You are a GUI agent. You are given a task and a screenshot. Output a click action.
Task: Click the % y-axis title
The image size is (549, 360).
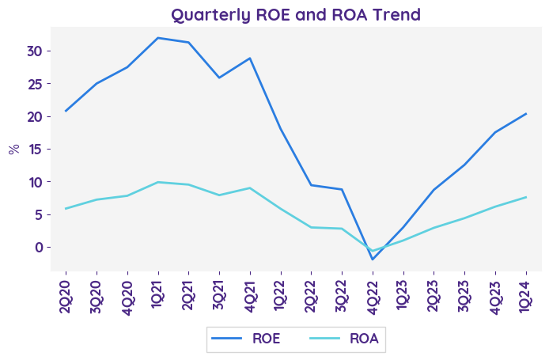point(14,150)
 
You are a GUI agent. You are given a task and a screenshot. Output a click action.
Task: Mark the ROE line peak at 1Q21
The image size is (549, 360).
point(158,38)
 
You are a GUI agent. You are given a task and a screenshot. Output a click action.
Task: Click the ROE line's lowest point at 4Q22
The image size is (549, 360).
point(373,260)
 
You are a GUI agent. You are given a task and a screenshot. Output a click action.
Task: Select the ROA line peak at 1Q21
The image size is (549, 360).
point(158,182)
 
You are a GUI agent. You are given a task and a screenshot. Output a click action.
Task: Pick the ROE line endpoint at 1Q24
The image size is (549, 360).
point(526,113)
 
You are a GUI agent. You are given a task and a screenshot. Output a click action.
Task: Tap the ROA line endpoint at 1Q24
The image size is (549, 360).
point(526,197)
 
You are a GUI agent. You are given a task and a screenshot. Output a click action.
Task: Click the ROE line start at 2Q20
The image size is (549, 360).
point(66,111)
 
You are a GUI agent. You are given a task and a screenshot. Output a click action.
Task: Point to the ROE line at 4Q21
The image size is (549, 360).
point(250,58)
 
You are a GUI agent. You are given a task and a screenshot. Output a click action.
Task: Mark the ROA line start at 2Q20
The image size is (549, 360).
point(66,208)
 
